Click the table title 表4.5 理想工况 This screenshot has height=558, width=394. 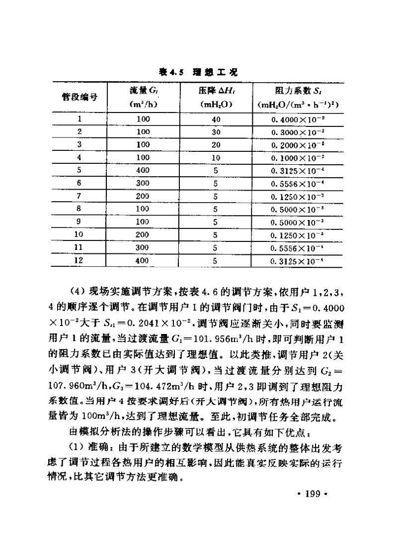click(198, 72)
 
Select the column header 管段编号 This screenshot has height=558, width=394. click(79, 98)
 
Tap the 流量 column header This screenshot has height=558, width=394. click(143, 91)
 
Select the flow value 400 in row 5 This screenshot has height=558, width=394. click(143, 170)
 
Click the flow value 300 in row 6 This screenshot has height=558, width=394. click(143, 183)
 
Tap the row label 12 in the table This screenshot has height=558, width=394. click(79, 260)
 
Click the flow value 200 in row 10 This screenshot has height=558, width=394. click(143, 234)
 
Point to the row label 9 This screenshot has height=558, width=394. click(79, 221)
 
